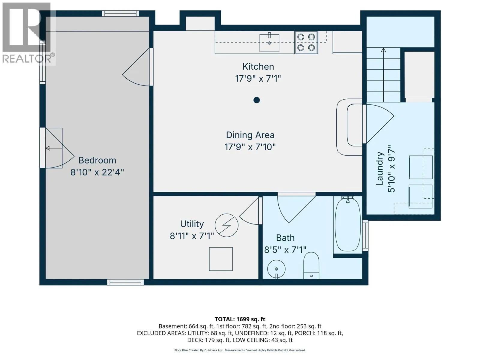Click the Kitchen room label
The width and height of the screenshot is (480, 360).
pos(258,67)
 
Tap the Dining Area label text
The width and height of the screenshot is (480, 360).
pos(250,135)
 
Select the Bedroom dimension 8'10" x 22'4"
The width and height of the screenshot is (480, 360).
pos(97,172)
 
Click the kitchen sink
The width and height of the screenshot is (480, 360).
pos(269,43)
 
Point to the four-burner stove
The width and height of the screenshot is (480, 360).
pos(306,42)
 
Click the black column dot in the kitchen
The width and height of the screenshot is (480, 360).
pos(256,100)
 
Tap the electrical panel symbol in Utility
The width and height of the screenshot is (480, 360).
pos(226,225)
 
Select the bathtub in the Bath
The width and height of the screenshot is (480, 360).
pos(347,224)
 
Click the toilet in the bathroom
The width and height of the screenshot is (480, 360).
pos(311,265)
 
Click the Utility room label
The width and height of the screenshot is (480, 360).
pos(192,224)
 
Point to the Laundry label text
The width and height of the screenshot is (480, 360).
pos(379,169)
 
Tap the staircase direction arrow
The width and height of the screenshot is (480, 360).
pos(383,75)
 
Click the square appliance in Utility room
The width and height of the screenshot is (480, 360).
pos(220,259)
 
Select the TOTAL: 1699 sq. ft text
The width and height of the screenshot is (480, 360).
pos(240,319)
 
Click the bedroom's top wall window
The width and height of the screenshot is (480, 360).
pos(120,13)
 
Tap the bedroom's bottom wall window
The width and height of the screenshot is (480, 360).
pos(125,282)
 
